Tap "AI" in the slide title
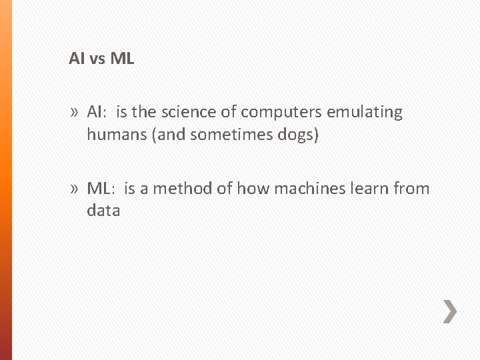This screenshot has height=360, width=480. pyautogui.click(x=76, y=59)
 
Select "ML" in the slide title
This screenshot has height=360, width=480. pyautogui.click(x=122, y=59)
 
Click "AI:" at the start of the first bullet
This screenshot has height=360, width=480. pyautogui.click(x=97, y=112)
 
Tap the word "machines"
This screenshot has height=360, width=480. pyautogui.click(x=294, y=189)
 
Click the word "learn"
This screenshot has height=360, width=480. pyautogui.click(x=363, y=189)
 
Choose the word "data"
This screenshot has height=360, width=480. pyautogui.click(x=103, y=211)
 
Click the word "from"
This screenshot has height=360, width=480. pyautogui.click(x=411, y=189)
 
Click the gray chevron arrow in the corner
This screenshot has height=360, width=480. pyautogui.click(x=450, y=311)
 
